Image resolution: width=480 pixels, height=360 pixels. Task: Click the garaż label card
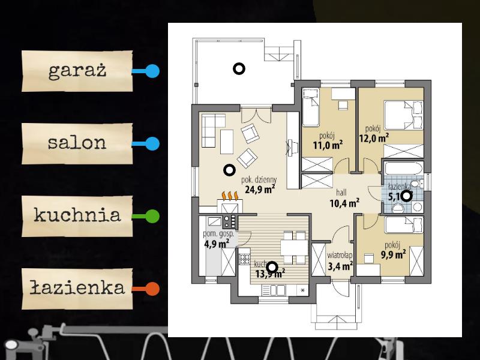[77, 71]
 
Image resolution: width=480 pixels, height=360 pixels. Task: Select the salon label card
[77, 143]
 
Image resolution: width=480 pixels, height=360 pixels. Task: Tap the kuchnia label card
[77, 215]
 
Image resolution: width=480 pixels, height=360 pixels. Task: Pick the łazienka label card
[77, 288]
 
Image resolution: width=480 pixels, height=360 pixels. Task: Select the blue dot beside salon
[153, 144]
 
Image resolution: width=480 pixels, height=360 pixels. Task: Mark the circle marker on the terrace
[239, 69]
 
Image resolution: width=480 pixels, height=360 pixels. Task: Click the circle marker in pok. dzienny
[229, 170]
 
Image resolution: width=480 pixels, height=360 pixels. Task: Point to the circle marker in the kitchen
[272, 267]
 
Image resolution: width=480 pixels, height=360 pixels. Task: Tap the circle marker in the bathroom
[406, 195]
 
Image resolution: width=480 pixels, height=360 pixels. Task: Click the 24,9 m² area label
[260, 190]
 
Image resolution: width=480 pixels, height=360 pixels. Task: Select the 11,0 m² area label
[328, 145]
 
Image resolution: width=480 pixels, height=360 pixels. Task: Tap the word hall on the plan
[342, 193]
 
